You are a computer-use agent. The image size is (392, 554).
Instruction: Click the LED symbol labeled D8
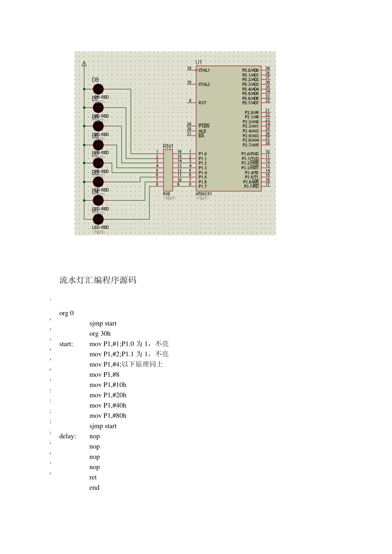point(98,89)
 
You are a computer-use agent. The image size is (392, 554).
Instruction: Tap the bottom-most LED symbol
point(98,219)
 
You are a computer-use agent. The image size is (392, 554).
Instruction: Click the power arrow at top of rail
point(84,63)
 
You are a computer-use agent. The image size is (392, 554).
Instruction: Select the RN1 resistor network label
point(168,146)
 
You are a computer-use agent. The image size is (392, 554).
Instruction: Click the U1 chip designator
point(199,62)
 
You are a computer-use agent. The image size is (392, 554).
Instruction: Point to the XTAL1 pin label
point(204,70)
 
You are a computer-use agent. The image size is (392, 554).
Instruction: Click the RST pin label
point(202,103)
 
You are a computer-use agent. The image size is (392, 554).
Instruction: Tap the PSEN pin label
point(204,126)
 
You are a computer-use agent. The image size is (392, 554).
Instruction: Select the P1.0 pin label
point(202,154)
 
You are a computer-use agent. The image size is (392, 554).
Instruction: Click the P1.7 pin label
point(202,186)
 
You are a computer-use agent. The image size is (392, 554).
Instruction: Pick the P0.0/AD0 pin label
point(250,70)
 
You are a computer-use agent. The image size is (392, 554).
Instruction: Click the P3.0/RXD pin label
point(250,154)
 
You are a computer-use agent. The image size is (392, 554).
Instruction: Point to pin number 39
point(267,68)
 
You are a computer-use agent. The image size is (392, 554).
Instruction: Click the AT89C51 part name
point(203,193)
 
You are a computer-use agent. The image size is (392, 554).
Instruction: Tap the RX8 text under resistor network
point(166,193)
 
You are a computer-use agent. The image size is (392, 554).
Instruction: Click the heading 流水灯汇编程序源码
point(98,280)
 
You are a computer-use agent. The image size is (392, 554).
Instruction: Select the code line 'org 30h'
point(100,333)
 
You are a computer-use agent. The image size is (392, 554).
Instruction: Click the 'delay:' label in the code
point(68,436)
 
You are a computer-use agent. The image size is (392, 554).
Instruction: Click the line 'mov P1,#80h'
point(108,415)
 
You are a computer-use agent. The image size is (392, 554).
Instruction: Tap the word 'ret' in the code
point(93,477)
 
